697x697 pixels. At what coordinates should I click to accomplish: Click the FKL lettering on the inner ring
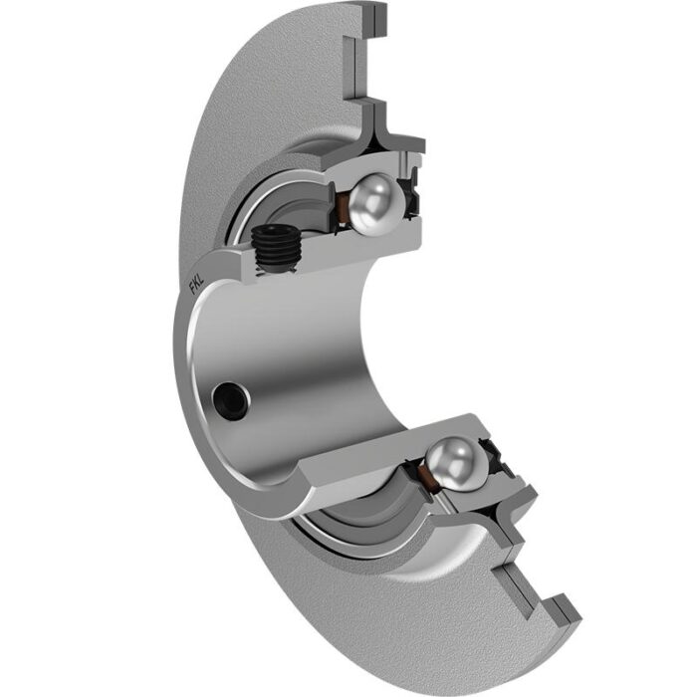tap(197, 286)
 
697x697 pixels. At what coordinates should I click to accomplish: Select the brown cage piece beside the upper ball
tap(342, 208)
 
